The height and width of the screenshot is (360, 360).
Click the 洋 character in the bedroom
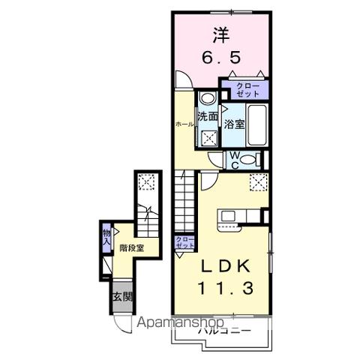[x=220, y=34]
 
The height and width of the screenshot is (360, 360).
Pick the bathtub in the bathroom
[x=256, y=124]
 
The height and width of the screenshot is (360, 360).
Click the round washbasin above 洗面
[x=208, y=97]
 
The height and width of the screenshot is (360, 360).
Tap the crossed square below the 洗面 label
[x=208, y=137]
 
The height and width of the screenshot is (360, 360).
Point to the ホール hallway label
[x=183, y=124]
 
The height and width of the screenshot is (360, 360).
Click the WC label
[x=233, y=159]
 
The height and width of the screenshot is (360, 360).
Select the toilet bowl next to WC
[x=253, y=159]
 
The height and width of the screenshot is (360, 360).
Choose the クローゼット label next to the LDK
[x=184, y=242]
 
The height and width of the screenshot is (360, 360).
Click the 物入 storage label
[x=106, y=238]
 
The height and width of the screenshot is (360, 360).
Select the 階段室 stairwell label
[x=130, y=248]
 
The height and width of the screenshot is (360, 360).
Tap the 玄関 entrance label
[x=121, y=297]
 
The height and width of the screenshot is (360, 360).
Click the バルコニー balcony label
[x=219, y=331]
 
